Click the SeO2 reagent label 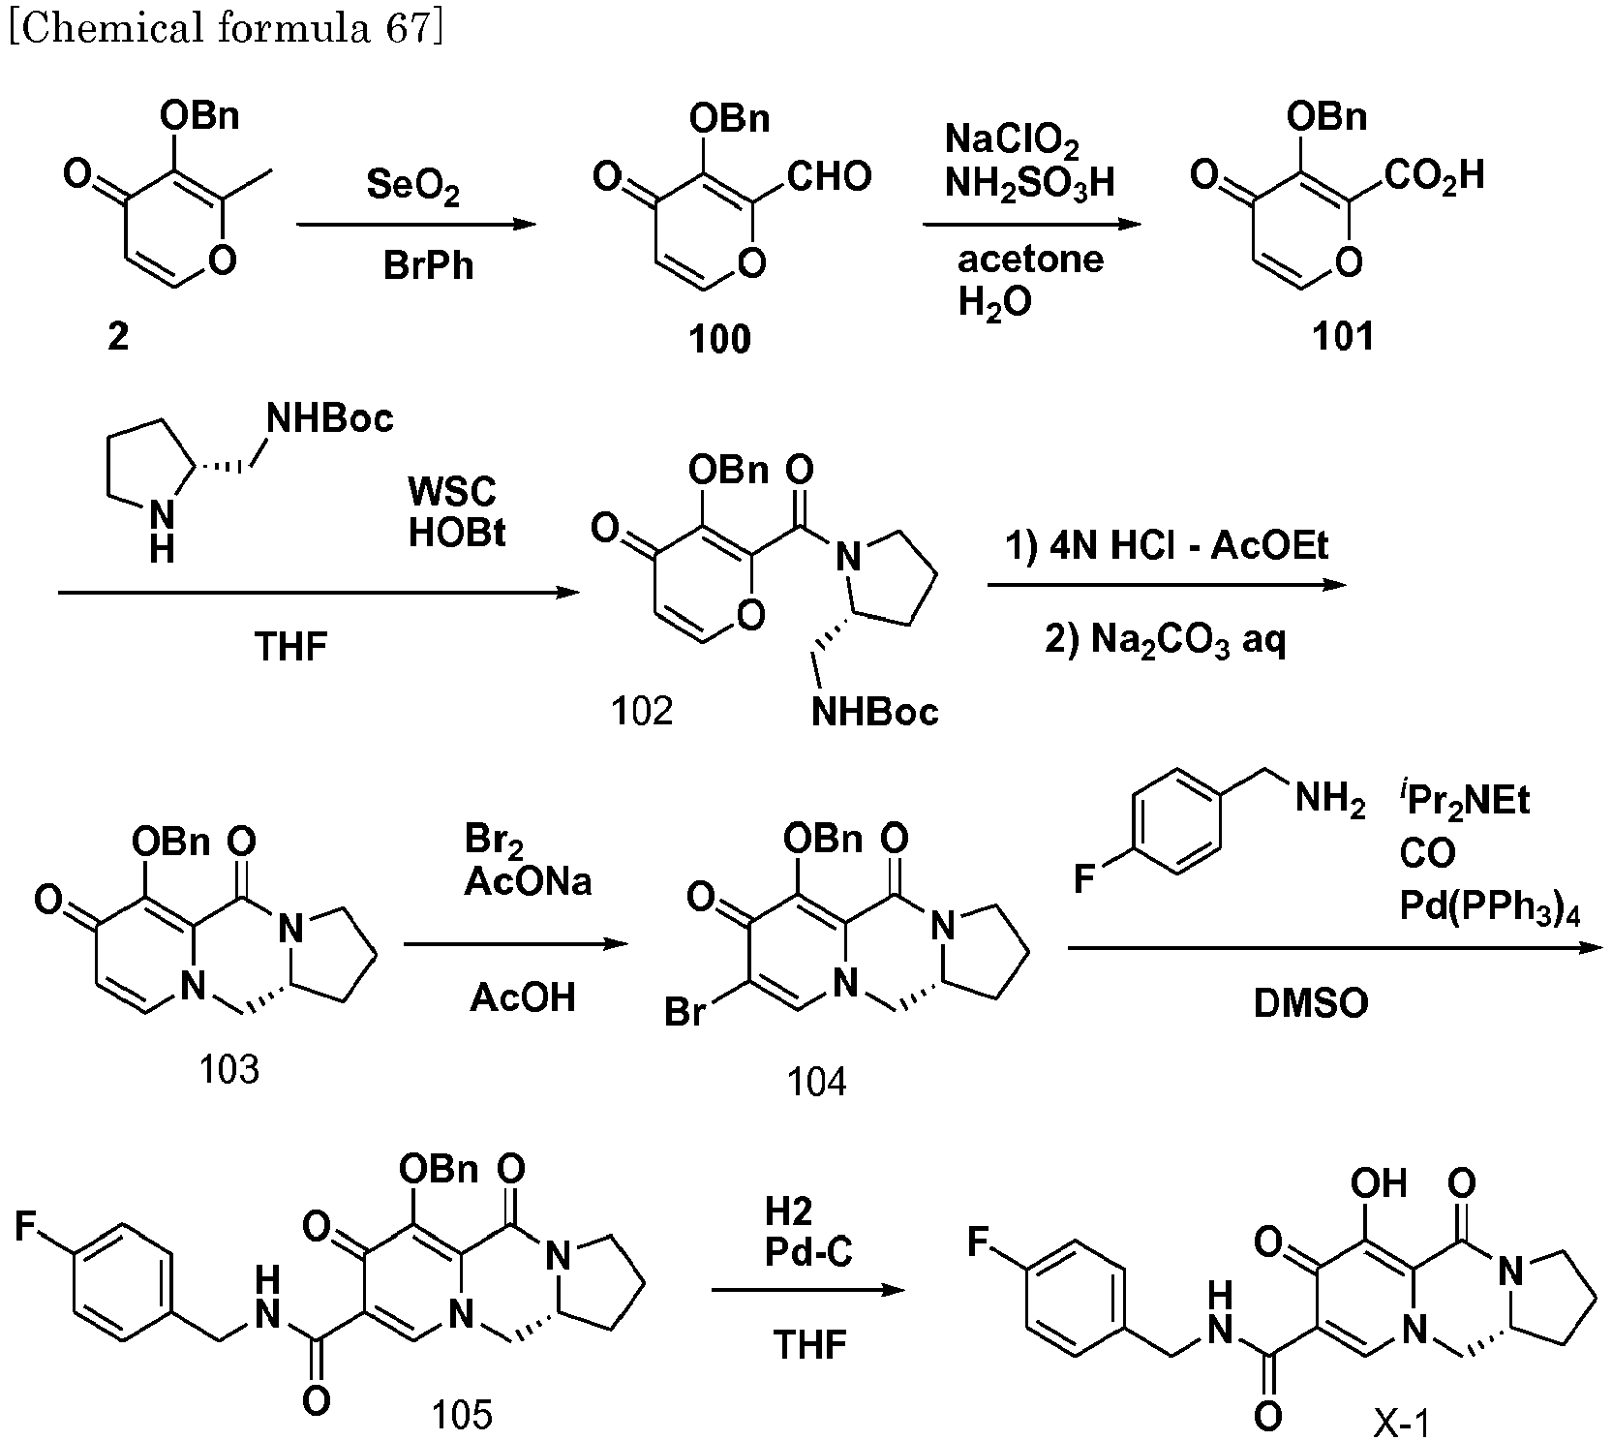pos(412,184)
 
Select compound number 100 pos(719,340)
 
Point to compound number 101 pos(1342,336)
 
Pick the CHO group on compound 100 pos(829,176)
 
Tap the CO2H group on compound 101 pos(1433,176)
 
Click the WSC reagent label pos(451,492)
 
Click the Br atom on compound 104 pos(684,1014)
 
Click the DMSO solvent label pos(1311,1004)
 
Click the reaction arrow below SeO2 pos(416,226)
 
